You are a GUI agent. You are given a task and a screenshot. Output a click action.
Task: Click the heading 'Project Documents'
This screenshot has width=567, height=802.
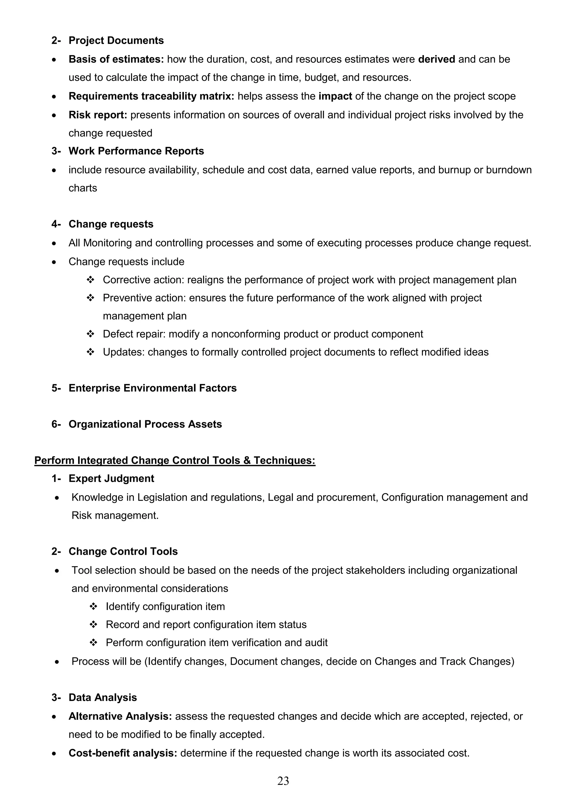116,40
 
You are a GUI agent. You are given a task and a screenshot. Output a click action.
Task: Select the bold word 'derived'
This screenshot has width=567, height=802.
436,59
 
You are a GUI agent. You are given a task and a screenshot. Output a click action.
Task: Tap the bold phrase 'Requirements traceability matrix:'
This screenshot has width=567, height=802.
151,96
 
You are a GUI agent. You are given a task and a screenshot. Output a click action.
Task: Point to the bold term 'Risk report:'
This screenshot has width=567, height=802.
98,115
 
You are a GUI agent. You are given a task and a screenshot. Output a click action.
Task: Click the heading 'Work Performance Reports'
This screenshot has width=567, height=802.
136,151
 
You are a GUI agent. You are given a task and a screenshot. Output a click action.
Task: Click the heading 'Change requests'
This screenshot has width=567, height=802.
111,224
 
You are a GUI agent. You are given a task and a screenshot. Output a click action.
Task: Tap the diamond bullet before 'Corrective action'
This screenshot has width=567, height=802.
91,280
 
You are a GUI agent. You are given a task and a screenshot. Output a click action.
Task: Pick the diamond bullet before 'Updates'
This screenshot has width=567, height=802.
91,352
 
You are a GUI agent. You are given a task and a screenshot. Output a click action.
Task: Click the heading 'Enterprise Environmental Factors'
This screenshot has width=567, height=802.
152,388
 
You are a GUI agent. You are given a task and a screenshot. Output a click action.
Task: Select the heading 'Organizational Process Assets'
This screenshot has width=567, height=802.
145,424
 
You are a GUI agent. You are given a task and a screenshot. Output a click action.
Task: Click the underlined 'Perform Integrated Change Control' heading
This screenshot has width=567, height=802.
175,460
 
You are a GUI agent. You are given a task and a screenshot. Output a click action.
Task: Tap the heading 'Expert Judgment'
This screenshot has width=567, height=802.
111,479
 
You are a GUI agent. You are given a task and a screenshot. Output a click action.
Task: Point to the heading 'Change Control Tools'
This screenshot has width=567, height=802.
123,551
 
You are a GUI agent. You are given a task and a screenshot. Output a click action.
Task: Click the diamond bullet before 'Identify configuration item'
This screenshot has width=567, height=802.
93,606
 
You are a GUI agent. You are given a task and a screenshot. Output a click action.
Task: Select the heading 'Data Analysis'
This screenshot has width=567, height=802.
103,698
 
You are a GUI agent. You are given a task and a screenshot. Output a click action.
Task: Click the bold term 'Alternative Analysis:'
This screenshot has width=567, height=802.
120,716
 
